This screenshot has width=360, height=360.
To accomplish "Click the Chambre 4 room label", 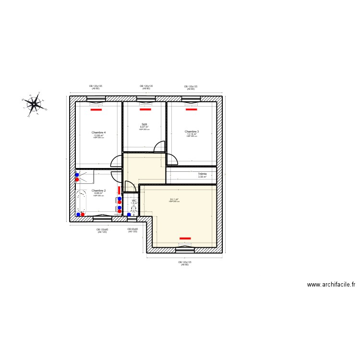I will click(x=98, y=132).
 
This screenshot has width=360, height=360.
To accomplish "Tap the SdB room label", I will click(x=144, y=124).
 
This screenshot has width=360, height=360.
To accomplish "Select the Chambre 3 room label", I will click(x=192, y=132).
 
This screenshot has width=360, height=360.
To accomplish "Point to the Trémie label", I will click(x=202, y=174).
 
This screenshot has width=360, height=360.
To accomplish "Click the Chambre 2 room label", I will click(x=98, y=191).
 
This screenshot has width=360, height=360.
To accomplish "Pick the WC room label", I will click(x=134, y=201).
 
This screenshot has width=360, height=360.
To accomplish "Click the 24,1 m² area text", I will click(x=174, y=200).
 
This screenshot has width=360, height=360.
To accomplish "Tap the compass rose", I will click(x=34, y=103).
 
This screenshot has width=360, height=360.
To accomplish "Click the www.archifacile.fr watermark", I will click(x=331, y=285).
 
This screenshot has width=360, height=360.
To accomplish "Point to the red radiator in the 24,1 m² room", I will click(x=185, y=238).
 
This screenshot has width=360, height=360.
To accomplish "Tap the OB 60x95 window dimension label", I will click(x=132, y=230).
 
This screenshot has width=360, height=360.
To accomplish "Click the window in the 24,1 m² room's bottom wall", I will click(x=185, y=250).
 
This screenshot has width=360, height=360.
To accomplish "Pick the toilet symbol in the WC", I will click(x=134, y=209).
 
